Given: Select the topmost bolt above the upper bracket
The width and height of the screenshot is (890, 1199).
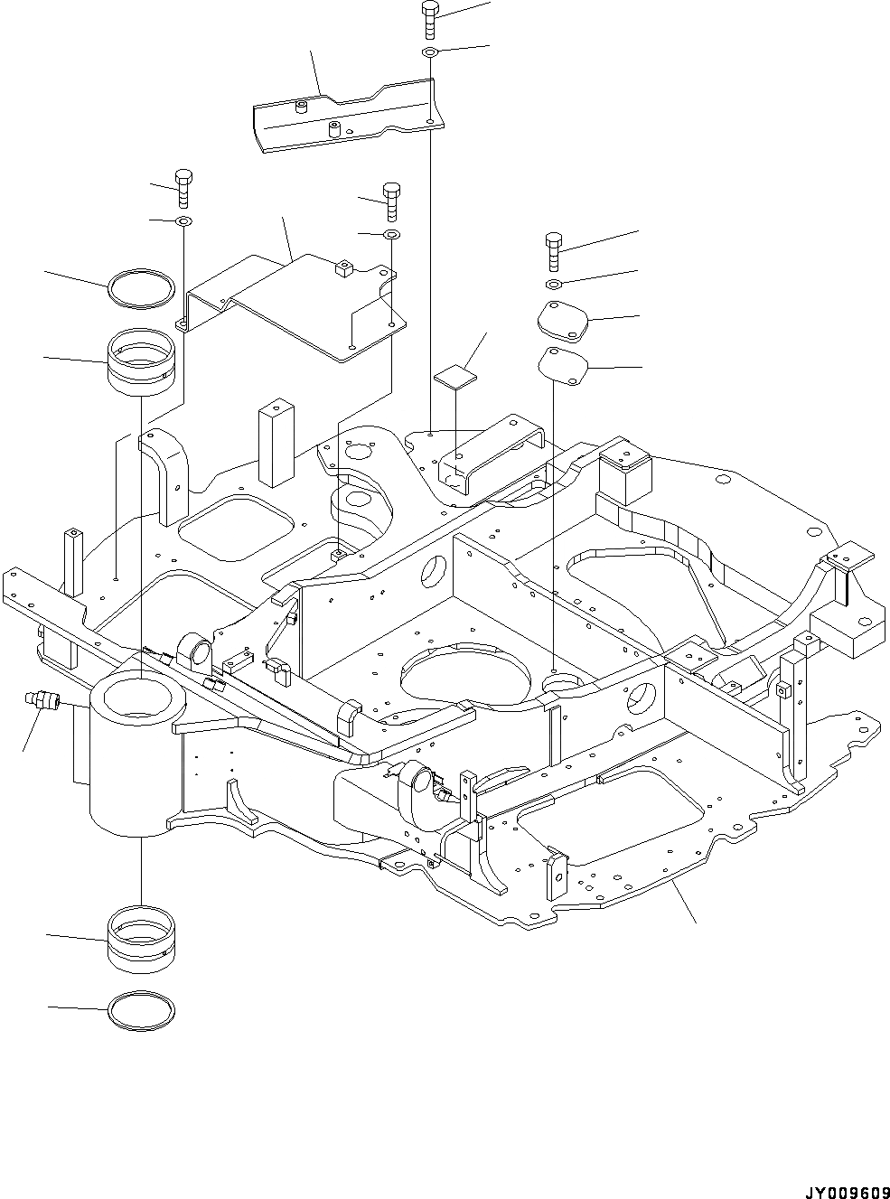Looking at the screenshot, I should click(429, 18).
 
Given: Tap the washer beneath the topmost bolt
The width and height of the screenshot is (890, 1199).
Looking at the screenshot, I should click(430, 54).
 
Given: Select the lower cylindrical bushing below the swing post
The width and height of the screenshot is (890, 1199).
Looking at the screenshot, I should click(140, 940).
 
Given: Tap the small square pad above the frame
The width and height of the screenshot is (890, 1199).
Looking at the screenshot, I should click(454, 375).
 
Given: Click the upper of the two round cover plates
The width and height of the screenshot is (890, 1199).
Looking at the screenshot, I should click(562, 320).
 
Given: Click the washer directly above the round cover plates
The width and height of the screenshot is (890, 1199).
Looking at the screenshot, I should click(554, 286).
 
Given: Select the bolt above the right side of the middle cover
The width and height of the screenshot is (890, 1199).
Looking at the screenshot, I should click(391, 201).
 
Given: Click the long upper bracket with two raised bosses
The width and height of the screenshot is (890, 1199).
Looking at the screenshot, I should click(343, 113).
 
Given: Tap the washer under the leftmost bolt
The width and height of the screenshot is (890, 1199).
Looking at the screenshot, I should click(183, 221).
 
